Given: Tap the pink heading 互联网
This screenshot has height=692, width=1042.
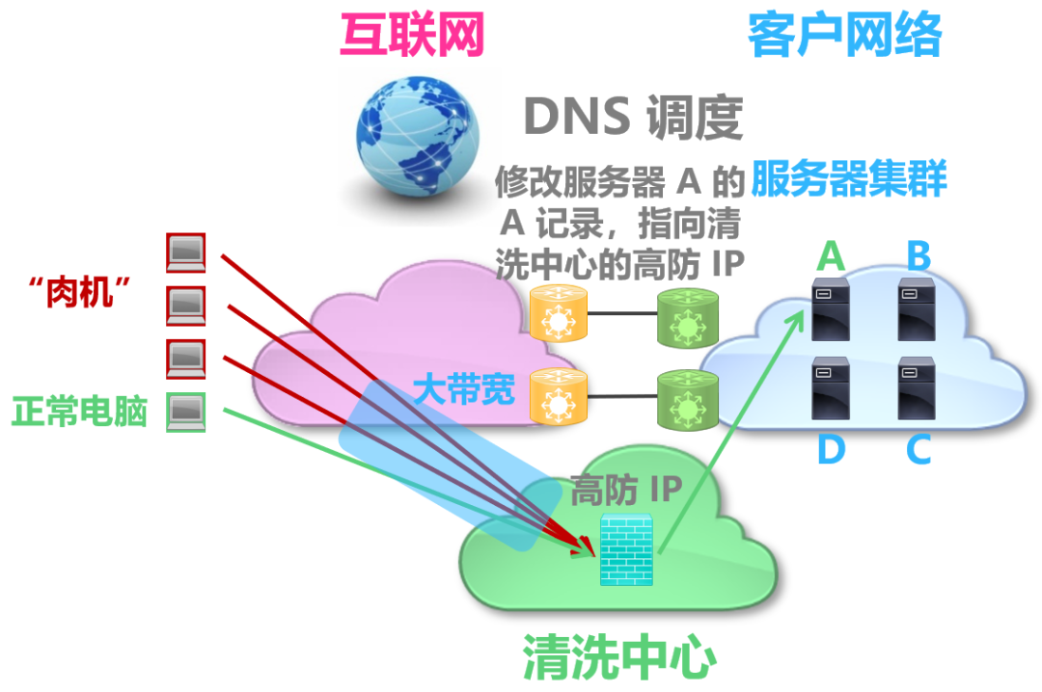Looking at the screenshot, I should (x=411, y=38).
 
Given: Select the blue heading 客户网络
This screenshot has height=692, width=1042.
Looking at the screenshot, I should (x=844, y=38).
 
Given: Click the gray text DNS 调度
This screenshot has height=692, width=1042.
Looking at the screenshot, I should (x=633, y=119).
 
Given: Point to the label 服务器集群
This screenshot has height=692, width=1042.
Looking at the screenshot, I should (x=848, y=178).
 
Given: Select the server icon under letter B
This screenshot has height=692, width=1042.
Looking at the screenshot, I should (x=916, y=308).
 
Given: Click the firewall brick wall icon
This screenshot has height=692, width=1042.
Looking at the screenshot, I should (x=626, y=549).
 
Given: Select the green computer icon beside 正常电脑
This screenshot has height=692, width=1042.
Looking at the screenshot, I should (x=185, y=413).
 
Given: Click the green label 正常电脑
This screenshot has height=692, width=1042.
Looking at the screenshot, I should (x=79, y=412).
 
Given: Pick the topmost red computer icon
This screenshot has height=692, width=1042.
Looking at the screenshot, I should (x=185, y=253).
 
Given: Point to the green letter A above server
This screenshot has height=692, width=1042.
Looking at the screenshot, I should (x=831, y=257).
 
